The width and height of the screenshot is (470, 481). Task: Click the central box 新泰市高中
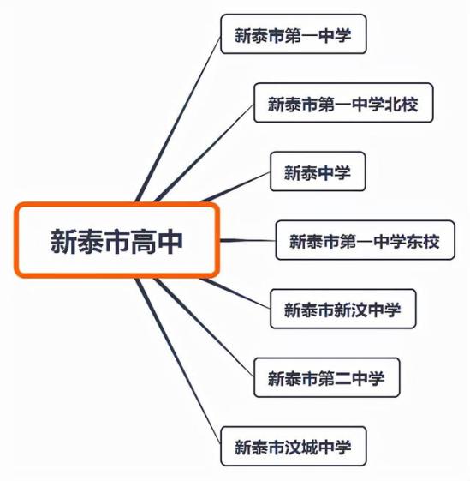tap(117, 240)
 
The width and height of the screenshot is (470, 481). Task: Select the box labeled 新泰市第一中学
tap(294, 34)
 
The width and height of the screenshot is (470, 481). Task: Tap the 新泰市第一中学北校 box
tap(343, 103)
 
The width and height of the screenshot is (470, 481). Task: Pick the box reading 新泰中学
tap(318, 171)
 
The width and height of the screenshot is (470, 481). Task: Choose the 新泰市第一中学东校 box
tap(366, 240)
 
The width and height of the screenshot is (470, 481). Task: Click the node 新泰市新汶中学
tap(343, 309)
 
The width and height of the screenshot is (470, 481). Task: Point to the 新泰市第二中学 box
tap(327, 377)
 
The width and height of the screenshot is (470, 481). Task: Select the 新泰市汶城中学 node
tap(294, 447)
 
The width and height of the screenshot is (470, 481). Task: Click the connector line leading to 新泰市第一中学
tap(178, 120)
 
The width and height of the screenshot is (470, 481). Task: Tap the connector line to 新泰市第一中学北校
tap(205, 153)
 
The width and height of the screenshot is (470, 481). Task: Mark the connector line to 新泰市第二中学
tap(205, 328)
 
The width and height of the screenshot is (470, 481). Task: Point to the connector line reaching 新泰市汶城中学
tap(178, 361)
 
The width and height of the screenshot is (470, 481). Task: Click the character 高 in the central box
tap(144, 242)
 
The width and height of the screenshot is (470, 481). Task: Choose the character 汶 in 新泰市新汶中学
tap(359, 310)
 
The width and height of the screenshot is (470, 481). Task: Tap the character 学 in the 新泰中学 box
tap(342, 172)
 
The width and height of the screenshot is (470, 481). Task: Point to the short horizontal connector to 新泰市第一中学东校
tap(247, 240)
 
